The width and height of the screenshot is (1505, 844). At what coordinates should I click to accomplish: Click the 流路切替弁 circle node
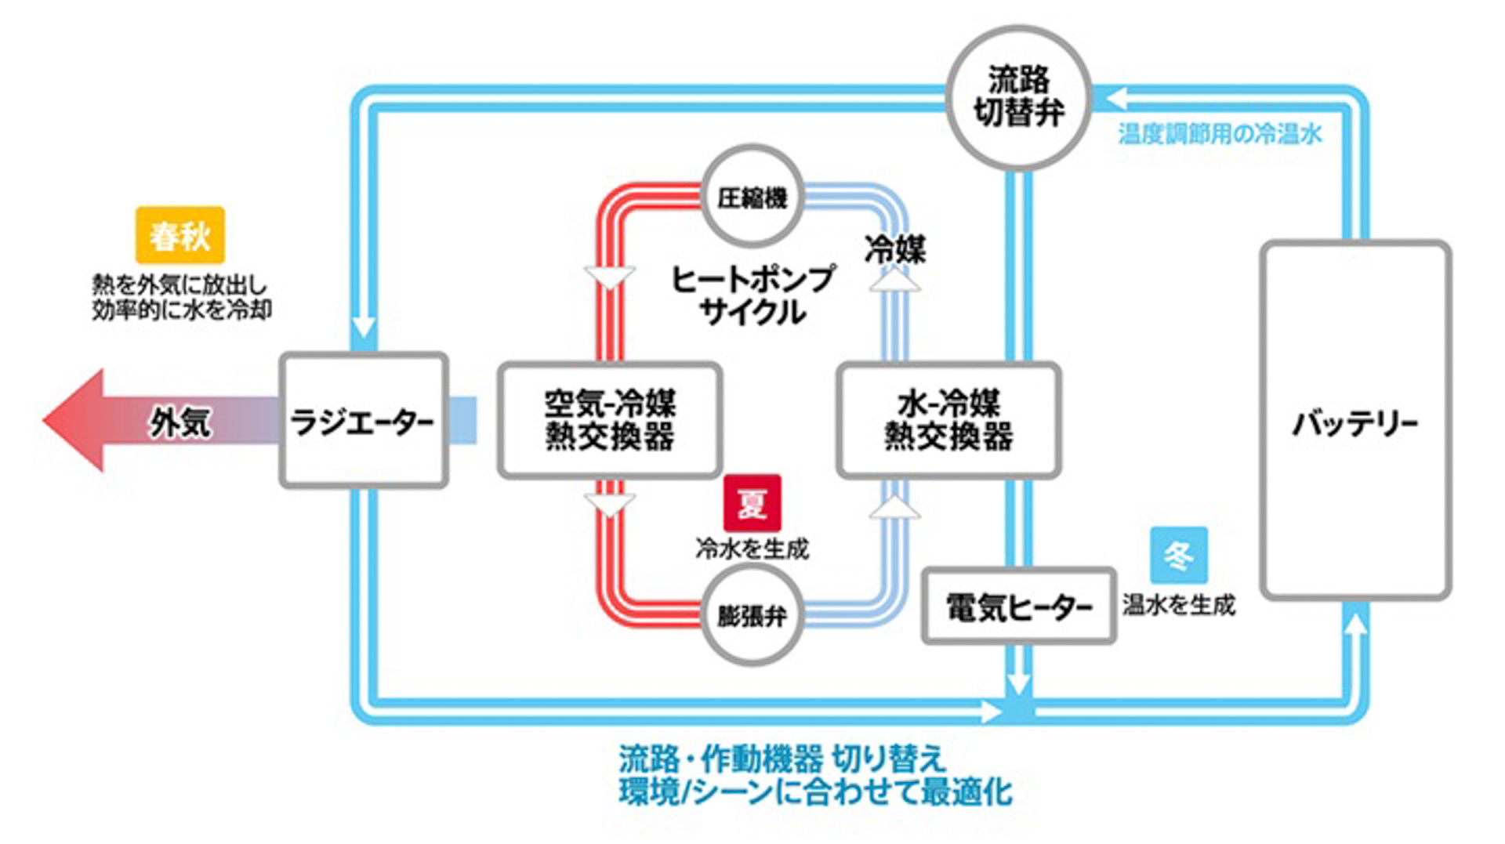[x=1018, y=97]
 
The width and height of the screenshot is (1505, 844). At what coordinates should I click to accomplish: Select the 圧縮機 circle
[x=752, y=197]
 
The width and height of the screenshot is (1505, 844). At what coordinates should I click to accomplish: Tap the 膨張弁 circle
[x=752, y=615]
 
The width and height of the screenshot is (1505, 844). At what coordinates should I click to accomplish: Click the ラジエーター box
[x=364, y=421]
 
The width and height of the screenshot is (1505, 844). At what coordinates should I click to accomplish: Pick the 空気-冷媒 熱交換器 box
[x=610, y=420]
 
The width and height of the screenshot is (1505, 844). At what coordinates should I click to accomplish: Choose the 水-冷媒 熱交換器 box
[x=948, y=420]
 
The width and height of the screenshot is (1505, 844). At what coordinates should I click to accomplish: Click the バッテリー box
[x=1355, y=421]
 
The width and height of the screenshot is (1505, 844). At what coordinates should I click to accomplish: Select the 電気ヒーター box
[x=1018, y=606]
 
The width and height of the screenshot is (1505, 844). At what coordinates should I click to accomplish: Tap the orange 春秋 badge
[x=180, y=234]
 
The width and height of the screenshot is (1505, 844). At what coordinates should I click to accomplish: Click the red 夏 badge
[x=752, y=503]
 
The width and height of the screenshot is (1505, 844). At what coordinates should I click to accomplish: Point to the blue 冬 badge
[x=1178, y=555]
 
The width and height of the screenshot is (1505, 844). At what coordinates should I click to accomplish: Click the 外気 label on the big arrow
[x=180, y=422]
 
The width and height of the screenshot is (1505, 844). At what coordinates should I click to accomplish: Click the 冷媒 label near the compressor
[x=895, y=250]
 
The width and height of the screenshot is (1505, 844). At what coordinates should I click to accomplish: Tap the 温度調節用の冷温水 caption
[x=1220, y=134]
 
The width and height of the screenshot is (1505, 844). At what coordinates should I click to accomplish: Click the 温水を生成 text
[x=1178, y=604]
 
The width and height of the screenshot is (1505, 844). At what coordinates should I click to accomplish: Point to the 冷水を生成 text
[x=752, y=549]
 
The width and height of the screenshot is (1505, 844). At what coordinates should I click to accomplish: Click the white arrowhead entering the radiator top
[x=364, y=326]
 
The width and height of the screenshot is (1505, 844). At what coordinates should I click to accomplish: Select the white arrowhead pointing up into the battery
[x=1355, y=624]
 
